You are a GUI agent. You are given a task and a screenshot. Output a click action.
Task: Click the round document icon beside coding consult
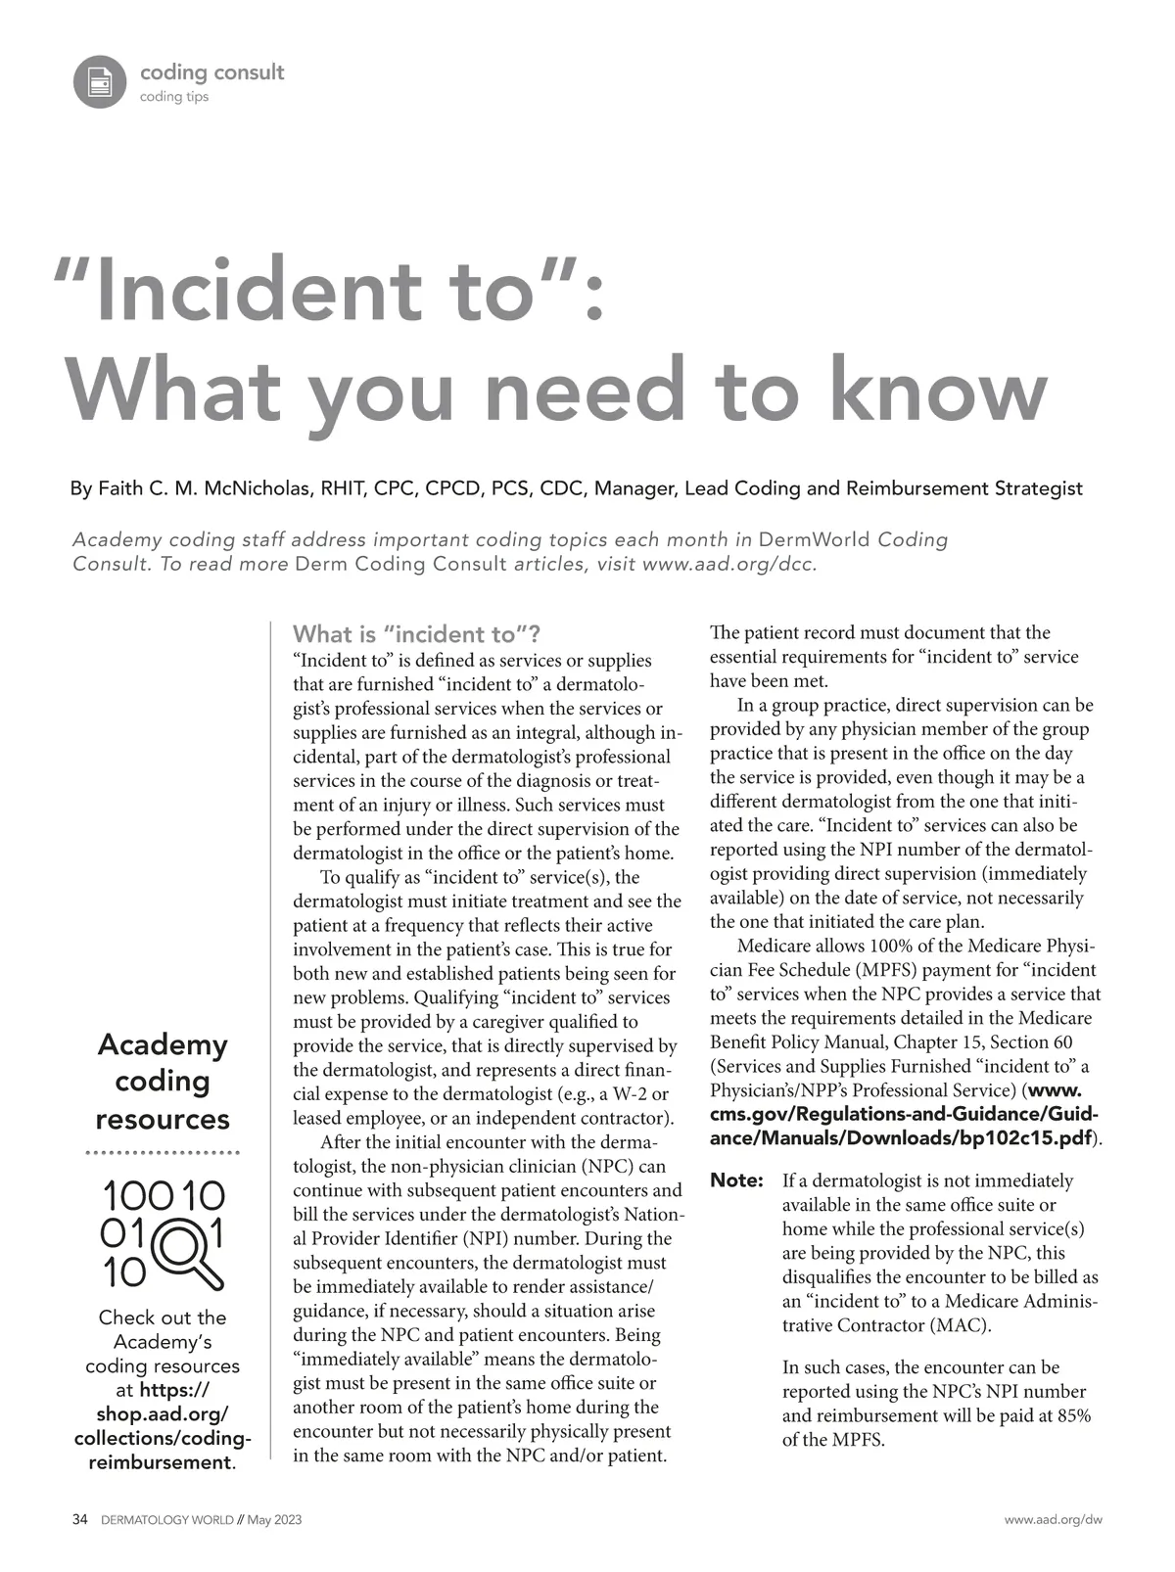pyautogui.click(x=99, y=82)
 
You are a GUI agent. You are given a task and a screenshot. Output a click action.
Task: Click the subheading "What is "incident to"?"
pyautogui.click(x=416, y=634)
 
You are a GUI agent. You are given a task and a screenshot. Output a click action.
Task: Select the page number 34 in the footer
pyautogui.click(x=80, y=1520)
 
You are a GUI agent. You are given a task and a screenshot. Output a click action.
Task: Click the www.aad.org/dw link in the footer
pyautogui.click(x=1054, y=1520)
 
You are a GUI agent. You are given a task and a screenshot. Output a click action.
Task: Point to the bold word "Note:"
pyautogui.click(x=736, y=1180)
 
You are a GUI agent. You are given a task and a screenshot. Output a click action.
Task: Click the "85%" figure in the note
pyautogui.click(x=1074, y=1415)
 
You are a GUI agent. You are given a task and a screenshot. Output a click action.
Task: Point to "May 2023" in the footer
pyautogui.click(x=274, y=1520)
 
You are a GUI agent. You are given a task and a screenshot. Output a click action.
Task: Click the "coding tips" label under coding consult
pyautogui.click(x=174, y=97)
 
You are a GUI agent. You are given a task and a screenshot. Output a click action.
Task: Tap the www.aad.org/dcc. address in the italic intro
pyautogui.click(x=729, y=564)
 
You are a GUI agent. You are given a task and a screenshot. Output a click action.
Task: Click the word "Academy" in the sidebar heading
pyautogui.click(x=163, y=1044)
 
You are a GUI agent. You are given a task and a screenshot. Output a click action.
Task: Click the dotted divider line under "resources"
pyautogui.click(x=163, y=1154)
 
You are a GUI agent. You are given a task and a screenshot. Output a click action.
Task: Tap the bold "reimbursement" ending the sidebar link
pyautogui.click(x=160, y=1462)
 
